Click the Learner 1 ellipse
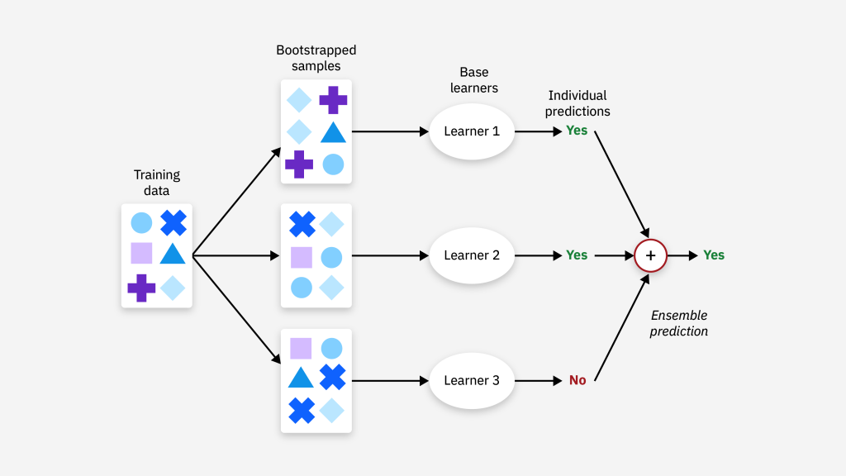point(472,131)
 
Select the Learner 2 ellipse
point(472,255)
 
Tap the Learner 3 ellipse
point(472,380)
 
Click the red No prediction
point(577,380)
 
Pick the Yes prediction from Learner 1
point(577,131)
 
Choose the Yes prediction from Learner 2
point(577,255)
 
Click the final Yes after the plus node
point(714,255)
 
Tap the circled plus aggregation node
point(650,255)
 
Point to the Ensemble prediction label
point(678,323)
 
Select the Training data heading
point(157,183)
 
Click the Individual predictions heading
point(577,103)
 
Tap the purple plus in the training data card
point(141,288)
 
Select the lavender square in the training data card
point(141,253)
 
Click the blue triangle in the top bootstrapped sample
point(333,132)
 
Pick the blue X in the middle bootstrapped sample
point(302,224)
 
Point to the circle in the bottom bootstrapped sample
point(331,349)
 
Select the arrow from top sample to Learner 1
point(388,131)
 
